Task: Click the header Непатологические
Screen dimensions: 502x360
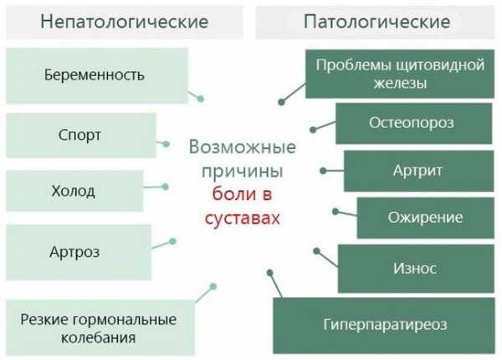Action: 124,23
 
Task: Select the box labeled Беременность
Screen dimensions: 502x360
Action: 97,75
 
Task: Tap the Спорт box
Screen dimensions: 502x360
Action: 81,135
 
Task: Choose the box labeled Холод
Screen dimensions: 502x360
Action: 74,191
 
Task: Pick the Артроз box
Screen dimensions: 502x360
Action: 79,252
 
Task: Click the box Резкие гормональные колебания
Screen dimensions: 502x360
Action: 100,327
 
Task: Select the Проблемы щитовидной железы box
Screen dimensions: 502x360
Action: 400,74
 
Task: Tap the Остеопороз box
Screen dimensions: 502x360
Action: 413,123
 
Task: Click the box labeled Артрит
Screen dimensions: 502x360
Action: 419,171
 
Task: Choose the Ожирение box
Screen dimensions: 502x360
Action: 426,218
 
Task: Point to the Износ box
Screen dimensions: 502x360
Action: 416,269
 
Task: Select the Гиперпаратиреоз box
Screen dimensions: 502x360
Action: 384,326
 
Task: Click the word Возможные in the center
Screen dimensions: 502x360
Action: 243,147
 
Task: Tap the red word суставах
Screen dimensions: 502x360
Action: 243,219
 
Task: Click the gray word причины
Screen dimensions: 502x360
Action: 243,172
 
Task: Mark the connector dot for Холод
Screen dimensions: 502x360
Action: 165,187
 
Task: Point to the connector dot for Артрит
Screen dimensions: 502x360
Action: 323,171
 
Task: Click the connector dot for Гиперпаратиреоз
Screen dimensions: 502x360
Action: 270,273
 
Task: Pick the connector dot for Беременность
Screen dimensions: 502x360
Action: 201,99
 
